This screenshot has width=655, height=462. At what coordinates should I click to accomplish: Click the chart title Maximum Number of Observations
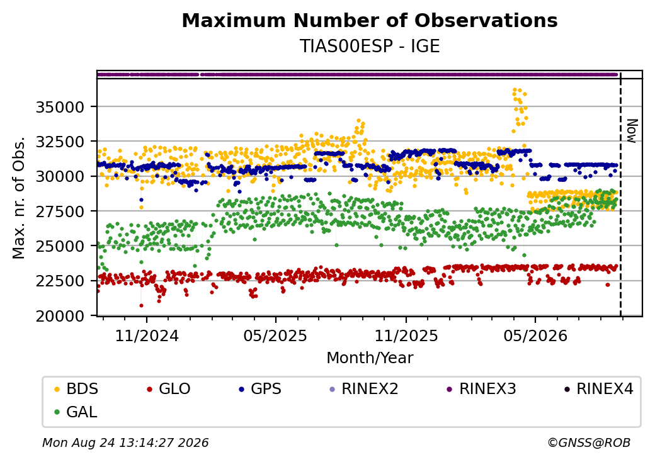370,20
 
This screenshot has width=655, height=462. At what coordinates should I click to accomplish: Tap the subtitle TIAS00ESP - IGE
370,47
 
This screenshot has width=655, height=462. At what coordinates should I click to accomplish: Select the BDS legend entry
76,389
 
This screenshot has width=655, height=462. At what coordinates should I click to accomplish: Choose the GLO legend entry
168,389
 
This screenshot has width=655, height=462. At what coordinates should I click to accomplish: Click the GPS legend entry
260,389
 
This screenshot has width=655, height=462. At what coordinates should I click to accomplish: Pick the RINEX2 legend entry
363,389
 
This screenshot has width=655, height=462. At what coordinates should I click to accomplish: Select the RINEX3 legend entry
482,389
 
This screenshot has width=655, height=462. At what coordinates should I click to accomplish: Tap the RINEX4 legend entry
598,389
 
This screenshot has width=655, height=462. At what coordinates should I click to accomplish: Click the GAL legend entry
76,412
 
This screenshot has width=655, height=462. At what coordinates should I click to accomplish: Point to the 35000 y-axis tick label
60,107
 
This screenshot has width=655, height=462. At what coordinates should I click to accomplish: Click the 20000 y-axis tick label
60,317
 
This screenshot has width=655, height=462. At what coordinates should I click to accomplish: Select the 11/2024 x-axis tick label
147,335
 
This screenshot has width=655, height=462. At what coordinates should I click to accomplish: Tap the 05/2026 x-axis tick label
535,335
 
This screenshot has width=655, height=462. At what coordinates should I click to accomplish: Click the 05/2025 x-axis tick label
275,335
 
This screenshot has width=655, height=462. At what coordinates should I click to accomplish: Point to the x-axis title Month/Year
370,358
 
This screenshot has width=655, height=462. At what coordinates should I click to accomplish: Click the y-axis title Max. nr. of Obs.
19,198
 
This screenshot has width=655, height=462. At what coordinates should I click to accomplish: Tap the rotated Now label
632,131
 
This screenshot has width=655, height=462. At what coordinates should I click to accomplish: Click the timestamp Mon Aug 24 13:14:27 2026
125,442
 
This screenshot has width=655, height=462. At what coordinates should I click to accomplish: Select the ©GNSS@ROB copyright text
589,442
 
